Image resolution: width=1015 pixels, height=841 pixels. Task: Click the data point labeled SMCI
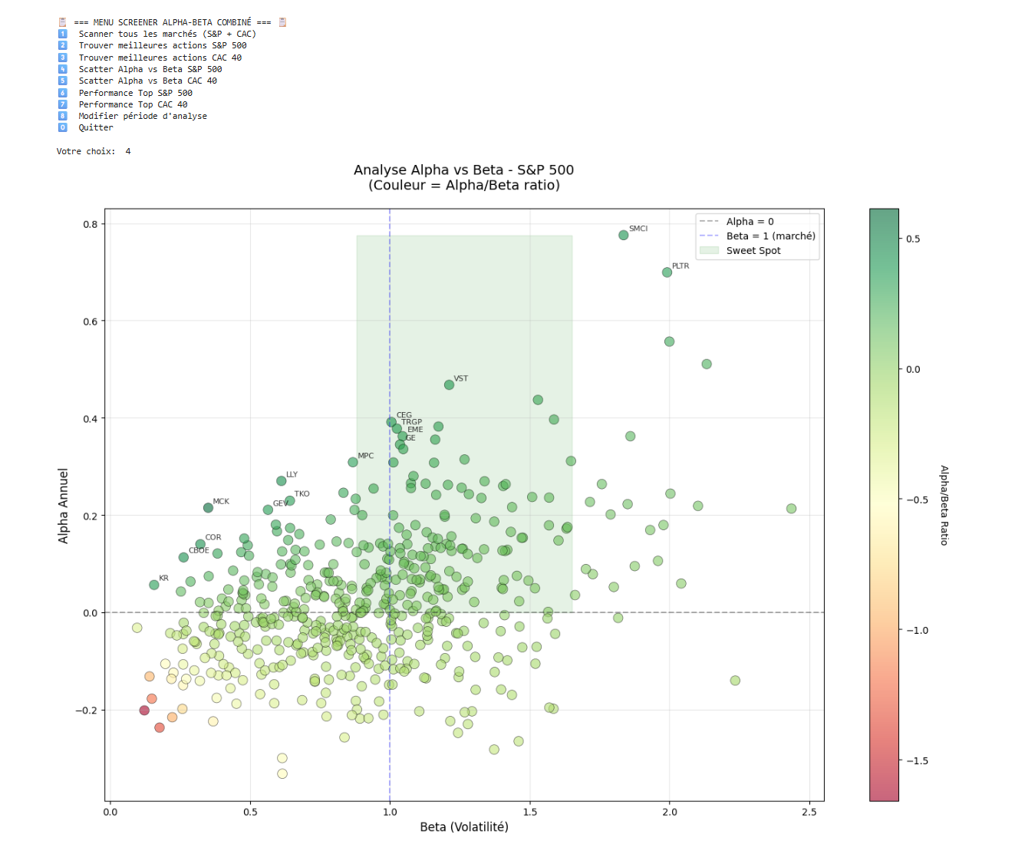(x=623, y=235)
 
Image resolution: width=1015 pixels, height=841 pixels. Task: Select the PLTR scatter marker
(x=667, y=272)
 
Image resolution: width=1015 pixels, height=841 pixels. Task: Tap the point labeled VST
(x=449, y=384)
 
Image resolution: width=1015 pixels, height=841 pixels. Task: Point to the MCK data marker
(x=208, y=508)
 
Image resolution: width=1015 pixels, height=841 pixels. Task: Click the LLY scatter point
(x=282, y=481)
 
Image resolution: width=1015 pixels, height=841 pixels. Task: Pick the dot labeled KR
(x=154, y=585)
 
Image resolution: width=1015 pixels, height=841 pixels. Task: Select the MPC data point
(x=353, y=462)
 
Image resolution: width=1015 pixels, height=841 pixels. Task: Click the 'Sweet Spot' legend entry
(x=753, y=251)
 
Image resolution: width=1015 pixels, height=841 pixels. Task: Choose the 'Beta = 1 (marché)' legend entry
(x=770, y=236)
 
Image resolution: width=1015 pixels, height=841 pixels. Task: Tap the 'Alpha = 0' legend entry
(x=750, y=222)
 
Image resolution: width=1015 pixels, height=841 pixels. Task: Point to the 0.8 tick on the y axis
(x=91, y=224)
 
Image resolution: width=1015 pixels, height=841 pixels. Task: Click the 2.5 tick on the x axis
(x=809, y=812)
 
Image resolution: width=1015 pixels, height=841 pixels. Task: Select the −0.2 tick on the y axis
(x=87, y=711)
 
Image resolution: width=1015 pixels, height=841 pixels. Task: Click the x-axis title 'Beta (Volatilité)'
(x=464, y=827)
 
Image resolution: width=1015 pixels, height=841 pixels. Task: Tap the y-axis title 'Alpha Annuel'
(x=64, y=506)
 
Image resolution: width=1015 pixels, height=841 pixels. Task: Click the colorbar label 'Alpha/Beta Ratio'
(x=944, y=505)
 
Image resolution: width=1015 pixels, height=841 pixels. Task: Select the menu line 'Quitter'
(x=96, y=128)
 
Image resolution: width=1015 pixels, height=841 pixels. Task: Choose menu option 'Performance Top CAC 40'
(x=133, y=104)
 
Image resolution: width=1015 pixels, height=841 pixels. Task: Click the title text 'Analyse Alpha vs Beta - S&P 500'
(x=463, y=170)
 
